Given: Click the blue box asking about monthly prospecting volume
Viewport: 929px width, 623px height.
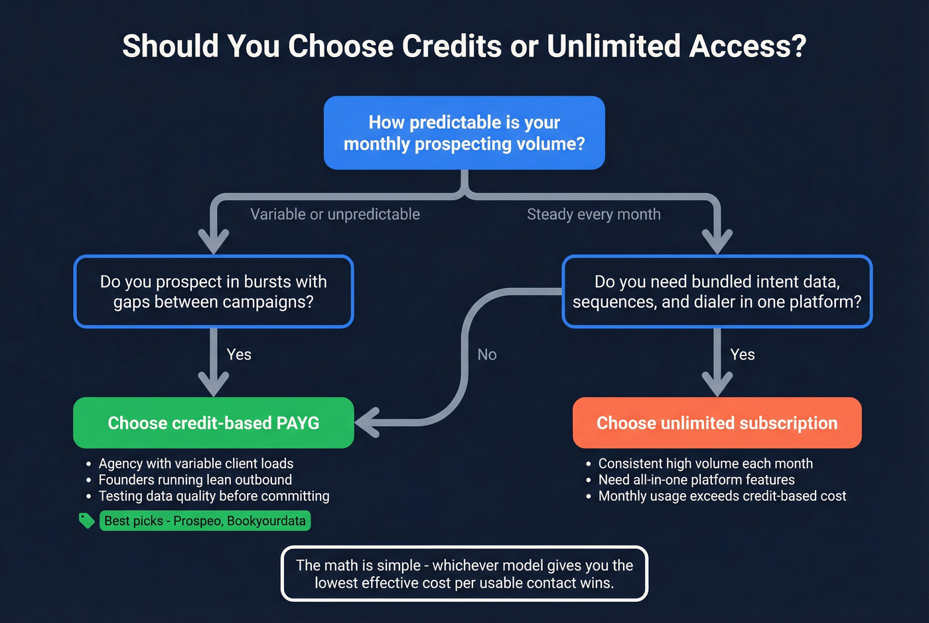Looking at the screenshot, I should point(464,133).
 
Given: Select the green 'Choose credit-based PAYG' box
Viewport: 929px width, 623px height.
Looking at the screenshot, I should point(213,423).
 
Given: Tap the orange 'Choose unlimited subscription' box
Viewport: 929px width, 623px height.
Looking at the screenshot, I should point(717,423).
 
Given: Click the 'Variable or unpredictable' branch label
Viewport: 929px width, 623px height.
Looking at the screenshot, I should point(335,214).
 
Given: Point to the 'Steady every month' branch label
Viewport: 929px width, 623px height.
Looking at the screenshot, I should point(593,214).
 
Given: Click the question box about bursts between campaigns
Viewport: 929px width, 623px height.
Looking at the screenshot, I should point(213,291).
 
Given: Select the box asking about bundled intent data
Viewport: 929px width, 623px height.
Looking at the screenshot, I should point(717,291).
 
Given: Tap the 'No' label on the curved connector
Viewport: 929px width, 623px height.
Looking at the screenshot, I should point(487,354).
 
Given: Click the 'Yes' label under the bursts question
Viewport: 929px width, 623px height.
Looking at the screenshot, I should point(239,354).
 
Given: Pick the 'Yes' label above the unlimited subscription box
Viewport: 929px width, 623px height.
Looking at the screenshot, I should point(742,354).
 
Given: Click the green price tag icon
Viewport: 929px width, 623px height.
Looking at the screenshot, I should point(86,520).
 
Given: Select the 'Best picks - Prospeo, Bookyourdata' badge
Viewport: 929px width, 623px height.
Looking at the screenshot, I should point(205,521).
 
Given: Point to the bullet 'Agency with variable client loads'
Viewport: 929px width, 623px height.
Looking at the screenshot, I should point(196,463).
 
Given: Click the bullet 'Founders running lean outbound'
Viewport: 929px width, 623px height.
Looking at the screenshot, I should point(195,480).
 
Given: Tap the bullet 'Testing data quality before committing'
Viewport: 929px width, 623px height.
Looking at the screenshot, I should point(214,496).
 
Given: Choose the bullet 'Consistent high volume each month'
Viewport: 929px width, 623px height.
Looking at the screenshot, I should point(705,463).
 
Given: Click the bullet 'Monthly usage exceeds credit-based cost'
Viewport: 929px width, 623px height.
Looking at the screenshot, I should point(722,496).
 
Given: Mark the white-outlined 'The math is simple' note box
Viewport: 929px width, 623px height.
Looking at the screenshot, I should point(464,574).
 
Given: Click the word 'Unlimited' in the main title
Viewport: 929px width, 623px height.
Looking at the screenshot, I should point(614,46).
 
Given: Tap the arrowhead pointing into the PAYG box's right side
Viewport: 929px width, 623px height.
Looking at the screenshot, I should point(367,423).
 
